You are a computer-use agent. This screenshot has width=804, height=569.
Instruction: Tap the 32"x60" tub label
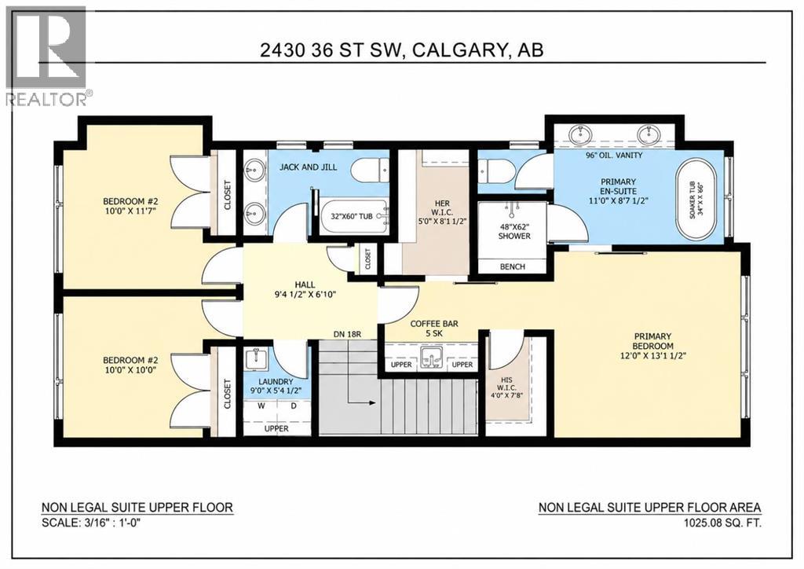coord(351,216)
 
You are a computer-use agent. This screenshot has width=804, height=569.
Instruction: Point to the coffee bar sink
coord(431,357)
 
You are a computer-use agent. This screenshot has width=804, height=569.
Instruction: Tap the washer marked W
coord(261,406)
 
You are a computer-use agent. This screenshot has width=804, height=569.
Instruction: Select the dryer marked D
coord(294,406)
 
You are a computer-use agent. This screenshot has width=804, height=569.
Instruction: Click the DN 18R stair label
coord(347,334)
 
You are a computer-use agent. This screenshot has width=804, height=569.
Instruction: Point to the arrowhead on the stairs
coord(372,403)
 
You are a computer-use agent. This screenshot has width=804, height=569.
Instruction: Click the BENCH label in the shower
coord(512,266)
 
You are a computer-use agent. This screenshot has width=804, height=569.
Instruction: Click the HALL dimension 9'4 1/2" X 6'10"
coord(305,295)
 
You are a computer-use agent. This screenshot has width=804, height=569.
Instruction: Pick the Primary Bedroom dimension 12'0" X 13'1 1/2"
coord(652,354)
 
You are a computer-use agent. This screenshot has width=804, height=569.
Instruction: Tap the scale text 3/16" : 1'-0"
coord(110,523)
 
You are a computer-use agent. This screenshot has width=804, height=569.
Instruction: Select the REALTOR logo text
coord(46,98)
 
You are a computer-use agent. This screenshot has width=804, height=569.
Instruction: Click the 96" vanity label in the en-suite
coord(614,155)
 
